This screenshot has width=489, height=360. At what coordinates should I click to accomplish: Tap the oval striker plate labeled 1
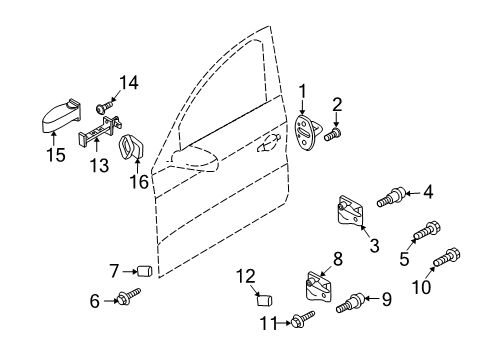point(304,133)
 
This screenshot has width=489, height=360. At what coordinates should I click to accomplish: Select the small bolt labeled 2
point(333,135)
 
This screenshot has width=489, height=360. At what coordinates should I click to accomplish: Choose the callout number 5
point(404,258)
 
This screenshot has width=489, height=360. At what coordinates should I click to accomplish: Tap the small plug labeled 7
point(145,271)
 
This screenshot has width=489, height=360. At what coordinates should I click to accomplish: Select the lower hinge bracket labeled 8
point(319,286)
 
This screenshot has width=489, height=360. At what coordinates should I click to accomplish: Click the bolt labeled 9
point(351,302)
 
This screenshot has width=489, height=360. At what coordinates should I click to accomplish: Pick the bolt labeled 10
point(447,257)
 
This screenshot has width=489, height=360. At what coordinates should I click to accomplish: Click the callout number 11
point(268,323)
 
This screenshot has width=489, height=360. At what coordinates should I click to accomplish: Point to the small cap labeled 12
point(265,300)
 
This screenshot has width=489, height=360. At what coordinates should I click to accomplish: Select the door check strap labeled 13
point(99,131)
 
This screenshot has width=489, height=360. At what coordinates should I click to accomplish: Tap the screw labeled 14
point(104,107)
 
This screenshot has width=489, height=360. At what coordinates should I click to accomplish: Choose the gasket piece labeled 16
point(131,147)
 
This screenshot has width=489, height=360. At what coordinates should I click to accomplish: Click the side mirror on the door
point(195,159)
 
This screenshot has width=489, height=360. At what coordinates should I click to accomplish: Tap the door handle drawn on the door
point(268,144)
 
